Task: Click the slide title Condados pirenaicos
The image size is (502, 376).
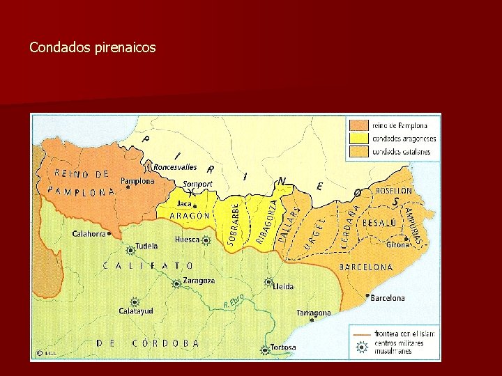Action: [x=93, y=48]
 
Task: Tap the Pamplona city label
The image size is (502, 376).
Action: [x=137, y=181]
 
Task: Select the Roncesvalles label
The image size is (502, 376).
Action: [x=175, y=167]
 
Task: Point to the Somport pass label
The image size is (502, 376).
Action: [x=197, y=185]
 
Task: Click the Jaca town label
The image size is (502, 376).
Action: [x=184, y=203]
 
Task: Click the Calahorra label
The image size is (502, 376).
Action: [x=89, y=234]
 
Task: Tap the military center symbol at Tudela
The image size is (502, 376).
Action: [x=130, y=249]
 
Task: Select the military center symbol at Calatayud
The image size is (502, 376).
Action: [x=135, y=302]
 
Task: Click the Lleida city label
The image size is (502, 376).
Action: [x=283, y=286]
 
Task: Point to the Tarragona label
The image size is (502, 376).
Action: [x=313, y=313]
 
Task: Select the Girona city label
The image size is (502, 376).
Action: [x=398, y=244]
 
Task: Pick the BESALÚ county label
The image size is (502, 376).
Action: [x=379, y=223]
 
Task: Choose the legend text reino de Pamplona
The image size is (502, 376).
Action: [x=399, y=125]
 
